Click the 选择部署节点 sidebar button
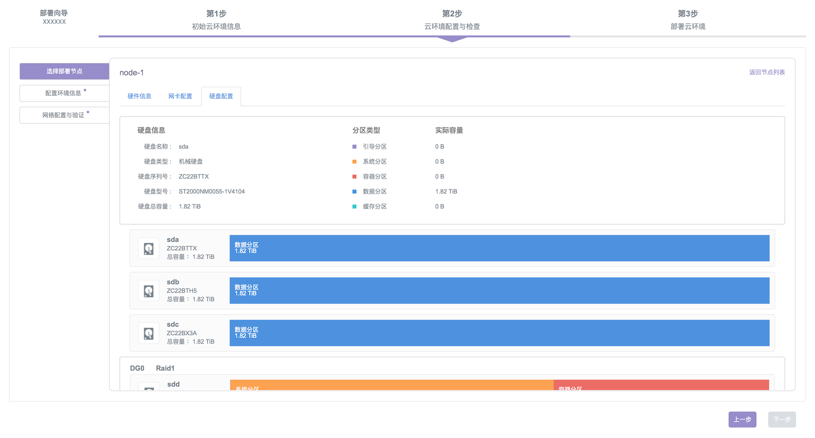point(64,71)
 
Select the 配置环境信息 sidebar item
point(64,93)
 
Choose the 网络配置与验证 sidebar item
point(64,115)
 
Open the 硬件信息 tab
point(139,96)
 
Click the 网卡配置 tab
point(180,96)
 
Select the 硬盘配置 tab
point(221,96)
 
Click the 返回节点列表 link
point(767,72)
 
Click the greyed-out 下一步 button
point(782,420)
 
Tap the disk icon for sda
point(148,248)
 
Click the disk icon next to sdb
point(148,291)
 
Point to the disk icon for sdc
point(148,333)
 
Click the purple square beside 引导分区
point(355,147)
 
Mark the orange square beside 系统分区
point(355,162)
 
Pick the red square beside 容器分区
point(355,177)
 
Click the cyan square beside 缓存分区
point(355,207)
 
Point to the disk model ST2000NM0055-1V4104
point(212,192)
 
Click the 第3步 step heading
point(687,14)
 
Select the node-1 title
point(132,73)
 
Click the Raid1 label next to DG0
point(165,368)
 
